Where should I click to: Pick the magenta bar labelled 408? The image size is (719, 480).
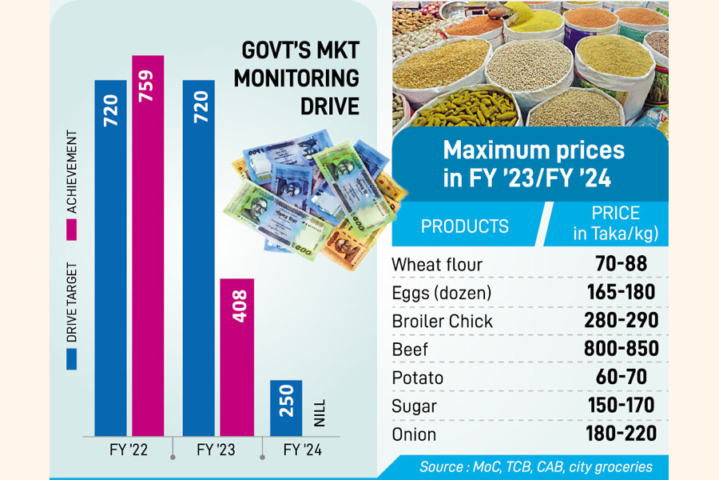237,356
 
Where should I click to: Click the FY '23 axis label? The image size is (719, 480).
216,450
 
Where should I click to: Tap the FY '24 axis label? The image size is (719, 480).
304,450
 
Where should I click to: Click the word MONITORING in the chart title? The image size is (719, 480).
300,79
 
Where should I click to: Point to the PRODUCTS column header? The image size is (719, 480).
464,226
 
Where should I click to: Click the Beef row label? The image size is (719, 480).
411,349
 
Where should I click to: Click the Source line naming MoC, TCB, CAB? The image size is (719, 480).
535,466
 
